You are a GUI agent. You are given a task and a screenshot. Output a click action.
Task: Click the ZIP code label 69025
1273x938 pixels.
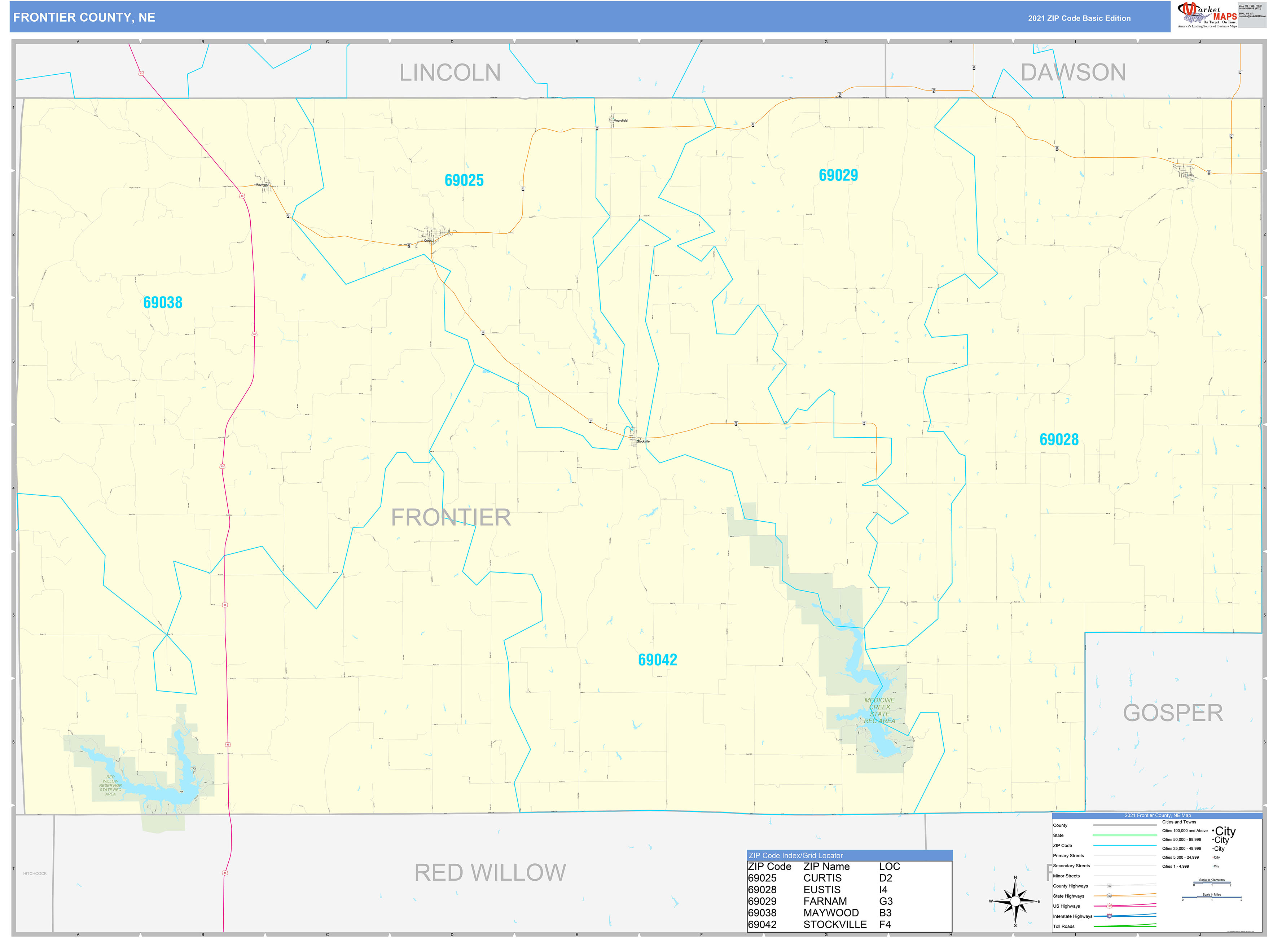pyautogui.click(x=464, y=180)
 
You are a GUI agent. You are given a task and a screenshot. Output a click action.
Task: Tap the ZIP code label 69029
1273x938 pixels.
pyautogui.click(x=838, y=175)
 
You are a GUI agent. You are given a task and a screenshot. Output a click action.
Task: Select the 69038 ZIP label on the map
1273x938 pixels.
pyautogui.click(x=162, y=303)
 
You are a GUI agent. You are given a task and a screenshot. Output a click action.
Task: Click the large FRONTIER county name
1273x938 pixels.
pyautogui.click(x=451, y=517)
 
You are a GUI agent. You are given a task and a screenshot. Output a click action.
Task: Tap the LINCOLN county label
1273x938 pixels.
pyautogui.click(x=450, y=73)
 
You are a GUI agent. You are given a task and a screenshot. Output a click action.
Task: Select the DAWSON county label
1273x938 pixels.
pyautogui.click(x=1072, y=73)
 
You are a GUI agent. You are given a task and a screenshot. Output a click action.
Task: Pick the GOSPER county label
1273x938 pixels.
pyautogui.click(x=1172, y=713)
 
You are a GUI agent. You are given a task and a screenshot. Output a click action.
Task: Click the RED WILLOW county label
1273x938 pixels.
pyautogui.click(x=490, y=873)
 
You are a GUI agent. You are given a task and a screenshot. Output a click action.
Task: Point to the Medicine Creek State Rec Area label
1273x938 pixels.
pyautogui.click(x=879, y=711)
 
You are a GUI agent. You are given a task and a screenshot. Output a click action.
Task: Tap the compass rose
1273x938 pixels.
pyautogui.click(x=1015, y=901)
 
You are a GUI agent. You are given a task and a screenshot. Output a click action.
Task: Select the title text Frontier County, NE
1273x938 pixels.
pyautogui.click(x=84, y=18)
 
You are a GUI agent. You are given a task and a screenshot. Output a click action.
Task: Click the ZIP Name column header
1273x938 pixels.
pyautogui.click(x=826, y=867)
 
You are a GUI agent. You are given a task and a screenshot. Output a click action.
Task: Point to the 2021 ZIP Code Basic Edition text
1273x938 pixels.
pyautogui.click(x=1079, y=18)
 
